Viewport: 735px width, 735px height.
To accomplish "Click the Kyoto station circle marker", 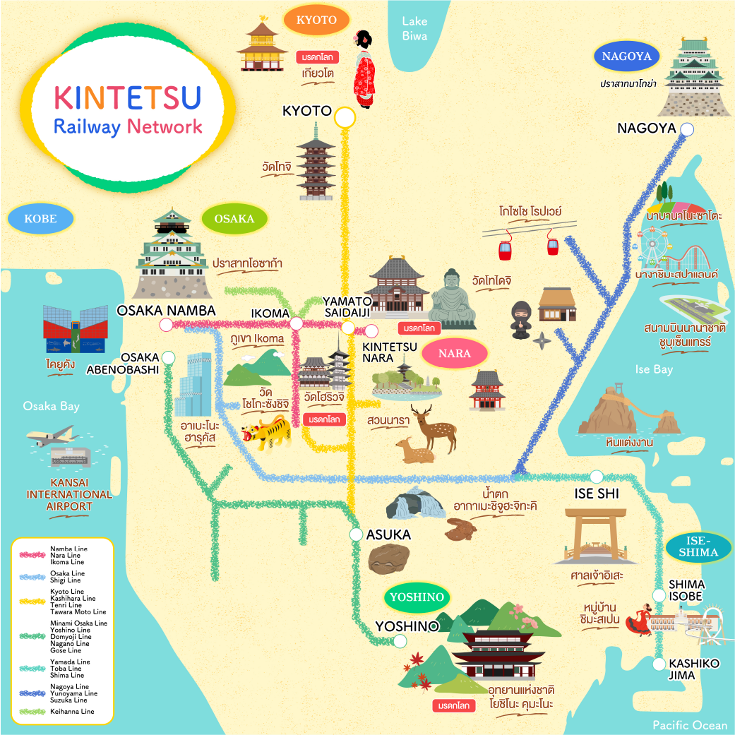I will pos(345,118).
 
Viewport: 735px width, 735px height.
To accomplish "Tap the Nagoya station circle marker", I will pos(687,129).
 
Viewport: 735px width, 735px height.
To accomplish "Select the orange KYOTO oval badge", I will pos(316,20).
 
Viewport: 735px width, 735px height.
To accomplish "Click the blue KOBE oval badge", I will pos(41,219).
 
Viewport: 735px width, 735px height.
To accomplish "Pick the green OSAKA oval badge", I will pos(234,219).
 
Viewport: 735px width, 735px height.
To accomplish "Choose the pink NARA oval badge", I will pos(455,354).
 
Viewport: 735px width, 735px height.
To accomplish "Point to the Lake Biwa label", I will pos(415,28).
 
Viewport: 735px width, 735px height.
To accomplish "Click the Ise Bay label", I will pos(654,369).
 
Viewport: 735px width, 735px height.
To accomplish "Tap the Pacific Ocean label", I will pos(689,725).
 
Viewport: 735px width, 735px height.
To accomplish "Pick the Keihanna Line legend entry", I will pos(72,712).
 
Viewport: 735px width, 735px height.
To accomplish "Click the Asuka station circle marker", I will pos(357,534).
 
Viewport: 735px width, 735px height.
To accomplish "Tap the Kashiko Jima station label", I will pos(693,669).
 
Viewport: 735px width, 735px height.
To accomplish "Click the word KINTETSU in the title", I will pos(128,98).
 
